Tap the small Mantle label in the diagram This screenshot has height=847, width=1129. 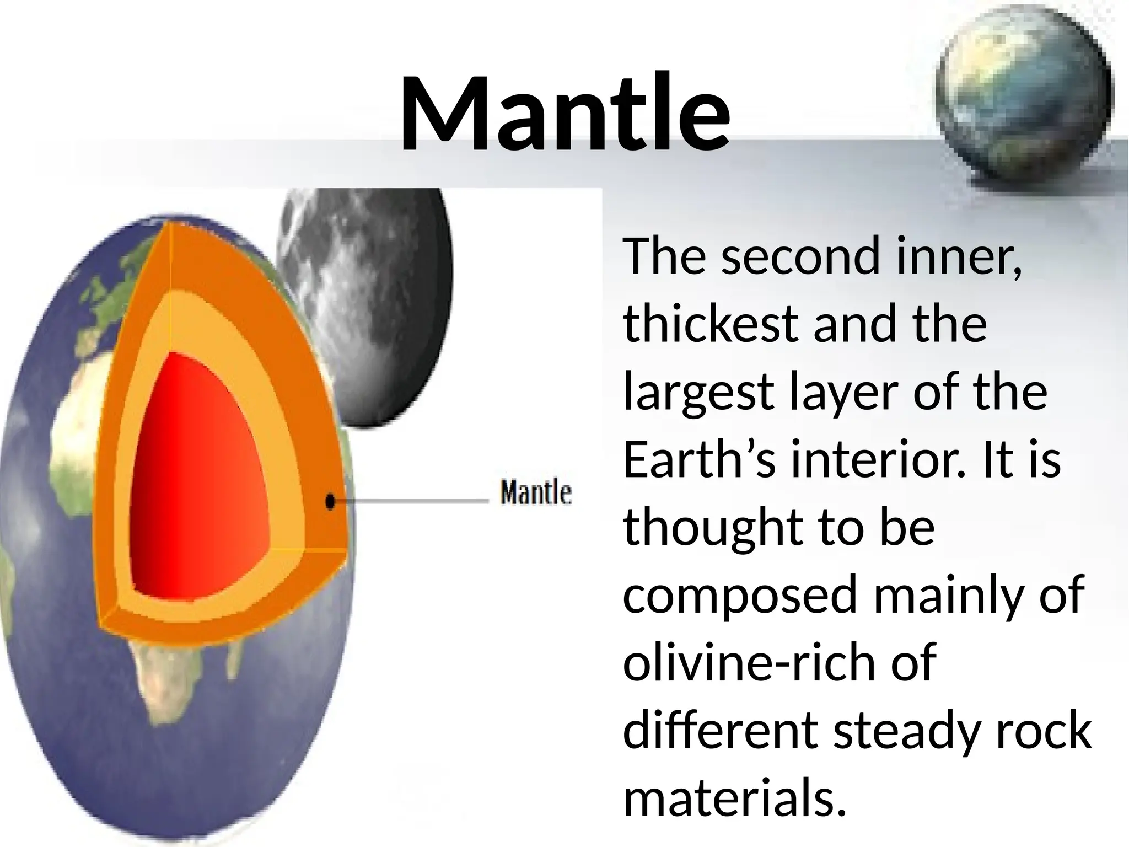(535, 492)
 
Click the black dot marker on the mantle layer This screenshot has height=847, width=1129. (330, 501)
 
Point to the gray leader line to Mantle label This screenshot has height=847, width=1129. (413, 501)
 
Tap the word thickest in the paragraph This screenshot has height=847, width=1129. (711, 324)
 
